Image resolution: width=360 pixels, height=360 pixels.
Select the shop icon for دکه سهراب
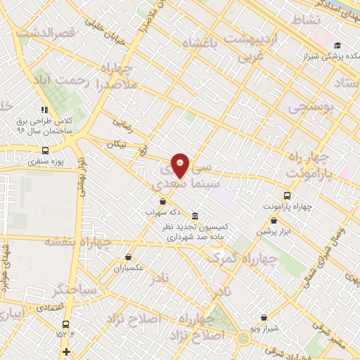coord(163,201)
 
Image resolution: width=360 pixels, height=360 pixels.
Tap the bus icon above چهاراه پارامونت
coord(287,195)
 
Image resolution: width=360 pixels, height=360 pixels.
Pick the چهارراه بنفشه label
coord(78,241)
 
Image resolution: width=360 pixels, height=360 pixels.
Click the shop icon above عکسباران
coord(128,257)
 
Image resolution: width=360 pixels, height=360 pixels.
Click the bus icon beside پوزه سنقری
coord(46,150)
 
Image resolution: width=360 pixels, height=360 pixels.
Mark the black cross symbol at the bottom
coord(66,352)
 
